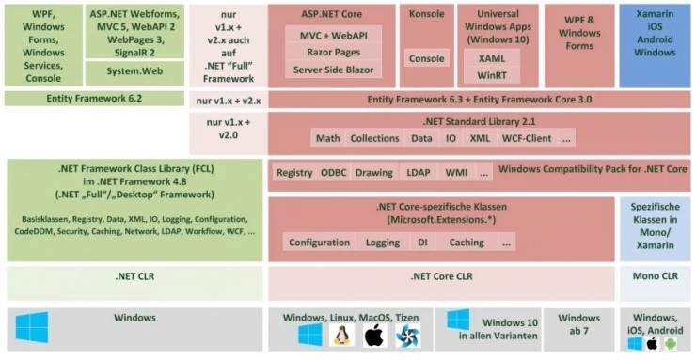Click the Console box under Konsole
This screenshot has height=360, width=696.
pos(427,58)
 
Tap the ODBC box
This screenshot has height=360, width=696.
pos(333,173)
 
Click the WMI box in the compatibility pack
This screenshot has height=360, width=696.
pos(455,173)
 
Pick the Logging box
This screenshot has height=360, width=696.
pos(382,243)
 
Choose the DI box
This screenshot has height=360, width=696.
pos(422,243)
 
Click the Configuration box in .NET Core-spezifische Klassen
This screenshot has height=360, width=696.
pos(319,243)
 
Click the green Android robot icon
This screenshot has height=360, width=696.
pos(672,343)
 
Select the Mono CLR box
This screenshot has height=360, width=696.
pos(655,277)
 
